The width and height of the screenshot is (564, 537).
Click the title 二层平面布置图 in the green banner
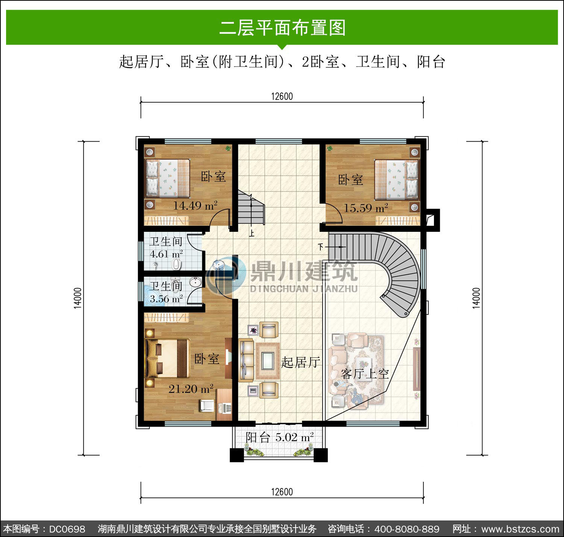point(282,28)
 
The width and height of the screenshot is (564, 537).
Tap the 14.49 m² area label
point(195,205)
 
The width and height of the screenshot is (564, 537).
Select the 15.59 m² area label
point(366,207)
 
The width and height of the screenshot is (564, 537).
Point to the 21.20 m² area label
point(191,389)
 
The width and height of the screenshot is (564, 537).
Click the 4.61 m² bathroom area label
point(166,254)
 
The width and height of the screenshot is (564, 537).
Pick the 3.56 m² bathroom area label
point(166,299)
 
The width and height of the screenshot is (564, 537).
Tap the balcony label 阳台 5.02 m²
point(279,437)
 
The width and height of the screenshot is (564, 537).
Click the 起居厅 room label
point(300,362)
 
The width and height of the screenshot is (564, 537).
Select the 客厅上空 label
point(365,374)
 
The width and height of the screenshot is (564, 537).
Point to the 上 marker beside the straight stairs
point(251,233)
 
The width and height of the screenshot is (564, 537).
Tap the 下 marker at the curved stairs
point(321,247)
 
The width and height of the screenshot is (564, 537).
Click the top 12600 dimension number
point(282,96)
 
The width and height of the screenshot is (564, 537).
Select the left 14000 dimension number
point(78,298)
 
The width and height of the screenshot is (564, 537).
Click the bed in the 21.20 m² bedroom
point(168,359)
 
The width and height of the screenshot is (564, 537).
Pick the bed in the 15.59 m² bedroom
point(396,180)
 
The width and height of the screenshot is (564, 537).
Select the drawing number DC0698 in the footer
point(67,529)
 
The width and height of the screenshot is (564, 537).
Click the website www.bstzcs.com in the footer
point(520,529)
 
